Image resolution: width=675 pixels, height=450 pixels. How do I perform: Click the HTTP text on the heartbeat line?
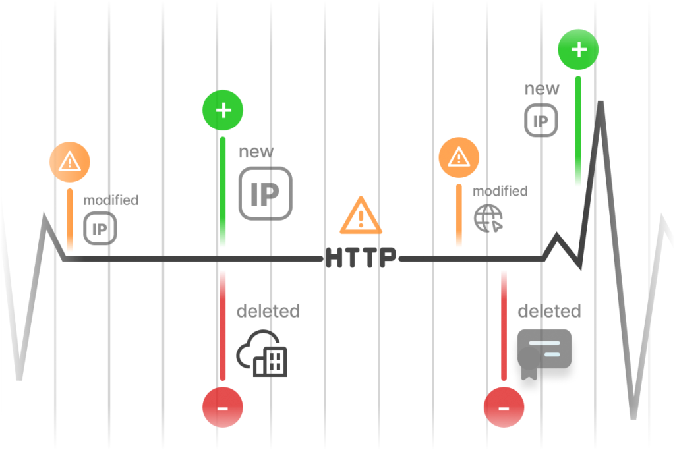pyautogui.click(x=361, y=258)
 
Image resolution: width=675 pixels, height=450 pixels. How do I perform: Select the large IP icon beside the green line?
pyautogui.click(x=266, y=194)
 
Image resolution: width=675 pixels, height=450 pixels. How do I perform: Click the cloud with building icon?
pyautogui.click(x=262, y=354)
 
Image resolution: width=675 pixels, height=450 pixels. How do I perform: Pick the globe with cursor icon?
pyautogui.click(x=488, y=218)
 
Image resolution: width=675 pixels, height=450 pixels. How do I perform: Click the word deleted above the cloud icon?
pyautogui.click(x=268, y=311)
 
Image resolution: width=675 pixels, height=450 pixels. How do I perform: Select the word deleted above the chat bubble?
pyautogui.click(x=549, y=311)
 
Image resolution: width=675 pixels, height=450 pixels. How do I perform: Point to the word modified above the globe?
pyautogui.click(x=500, y=191)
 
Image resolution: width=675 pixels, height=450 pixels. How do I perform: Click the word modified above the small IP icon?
pyautogui.click(x=111, y=200)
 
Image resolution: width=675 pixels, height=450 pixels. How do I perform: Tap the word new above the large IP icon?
pyautogui.click(x=256, y=152)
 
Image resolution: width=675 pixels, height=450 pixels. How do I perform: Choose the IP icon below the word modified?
pyautogui.click(x=100, y=229)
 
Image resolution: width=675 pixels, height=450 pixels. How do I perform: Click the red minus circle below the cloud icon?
pyautogui.click(x=223, y=407)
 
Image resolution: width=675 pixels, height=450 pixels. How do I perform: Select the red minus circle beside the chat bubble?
pyautogui.click(x=504, y=407)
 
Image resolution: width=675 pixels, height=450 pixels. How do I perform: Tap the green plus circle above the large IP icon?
pyautogui.click(x=223, y=110)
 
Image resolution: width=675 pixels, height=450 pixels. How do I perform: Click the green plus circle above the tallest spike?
pyautogui.click(x=578, y=49)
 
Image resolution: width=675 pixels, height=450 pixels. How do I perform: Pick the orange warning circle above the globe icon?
pyautogui.click(x=459, y=157)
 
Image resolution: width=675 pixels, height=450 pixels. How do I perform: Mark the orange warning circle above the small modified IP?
pyautogui.click(x=70, y=162)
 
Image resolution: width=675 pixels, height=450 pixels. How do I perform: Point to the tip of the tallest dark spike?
pyautogui.click(x=601, y=102)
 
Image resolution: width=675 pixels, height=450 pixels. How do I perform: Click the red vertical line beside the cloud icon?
pyautogui.click(x=223, y=326)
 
